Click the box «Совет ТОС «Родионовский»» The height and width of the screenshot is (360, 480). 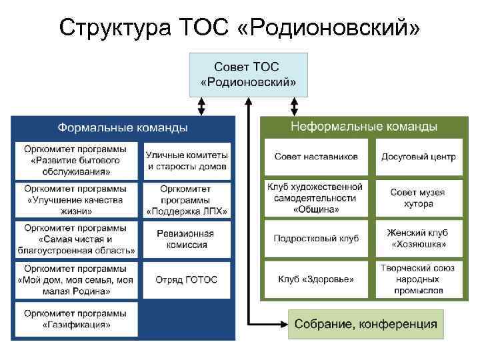point(249,75)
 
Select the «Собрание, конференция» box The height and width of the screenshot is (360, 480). point(366,324)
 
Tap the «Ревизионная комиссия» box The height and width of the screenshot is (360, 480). point(186,239)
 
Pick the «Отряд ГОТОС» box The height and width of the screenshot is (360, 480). point(186,279)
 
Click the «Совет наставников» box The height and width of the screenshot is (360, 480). point(316,157)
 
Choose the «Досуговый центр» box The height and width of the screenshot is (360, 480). point(419,157)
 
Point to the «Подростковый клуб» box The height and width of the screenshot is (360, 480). point(316,239)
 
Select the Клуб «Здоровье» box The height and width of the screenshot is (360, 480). point(316,279)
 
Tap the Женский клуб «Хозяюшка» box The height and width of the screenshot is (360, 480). point(419,239)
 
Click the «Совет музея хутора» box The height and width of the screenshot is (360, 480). point(419,197)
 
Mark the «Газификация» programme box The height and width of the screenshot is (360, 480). point(77,319)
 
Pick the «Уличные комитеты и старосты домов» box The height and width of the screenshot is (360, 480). point(186,161)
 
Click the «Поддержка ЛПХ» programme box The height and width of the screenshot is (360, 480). point(186,200)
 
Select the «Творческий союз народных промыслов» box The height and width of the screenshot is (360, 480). point(419,279)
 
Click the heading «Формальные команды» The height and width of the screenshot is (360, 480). point(122,127)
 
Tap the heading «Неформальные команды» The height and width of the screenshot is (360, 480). point(363,126)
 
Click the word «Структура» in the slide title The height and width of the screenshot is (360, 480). point(114,28)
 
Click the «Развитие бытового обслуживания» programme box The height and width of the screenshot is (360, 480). point(77,161)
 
